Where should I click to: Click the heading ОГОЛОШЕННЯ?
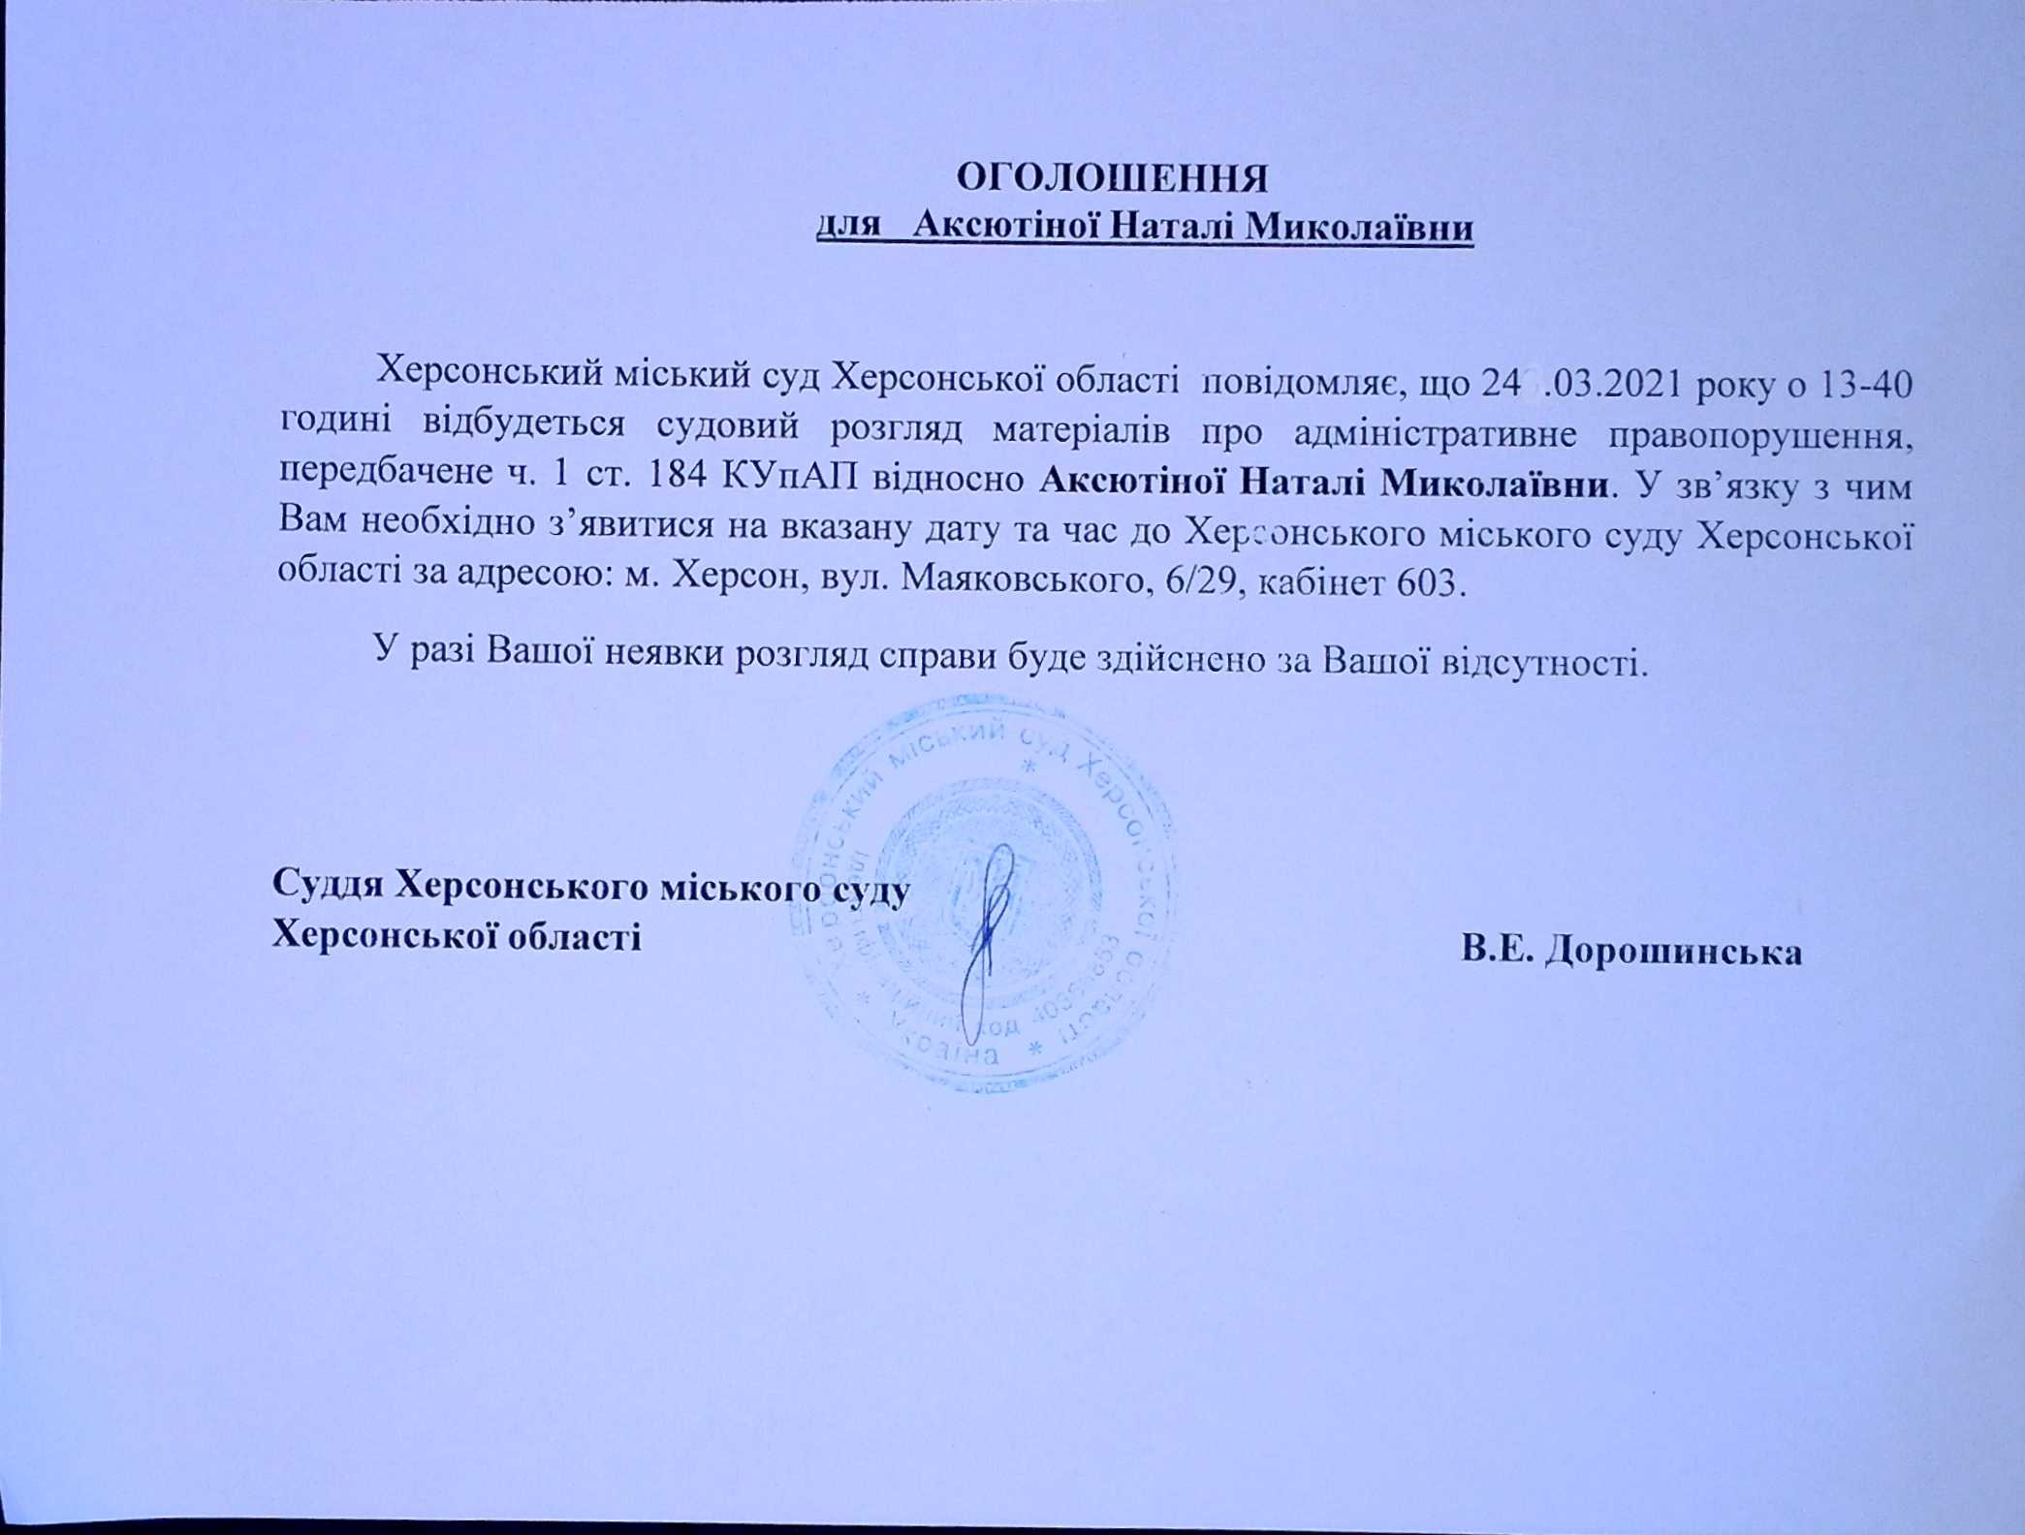tap(1113, 179)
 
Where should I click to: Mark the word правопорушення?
tap(1761, 437)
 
